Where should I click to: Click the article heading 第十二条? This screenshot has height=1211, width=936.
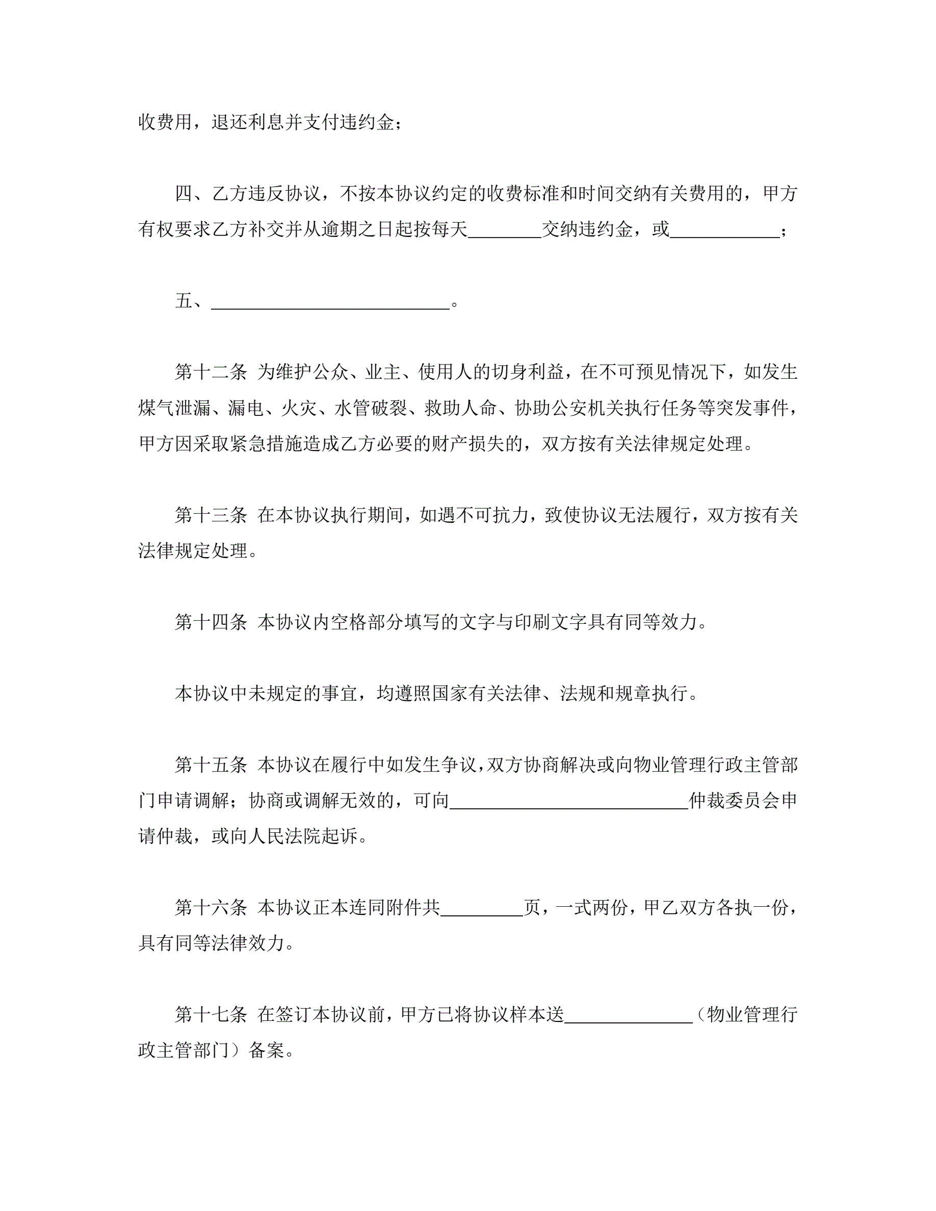pos(211,373)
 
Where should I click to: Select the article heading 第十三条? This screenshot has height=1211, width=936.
pos(211,516)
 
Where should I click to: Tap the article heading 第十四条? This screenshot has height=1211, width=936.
pos(211,622)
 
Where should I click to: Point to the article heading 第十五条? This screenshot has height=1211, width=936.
pos(211,765)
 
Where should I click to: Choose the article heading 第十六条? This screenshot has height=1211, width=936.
pos(211,908)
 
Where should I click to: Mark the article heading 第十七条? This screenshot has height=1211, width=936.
pos(211,1015)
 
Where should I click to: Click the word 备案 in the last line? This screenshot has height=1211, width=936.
pos(266,1050)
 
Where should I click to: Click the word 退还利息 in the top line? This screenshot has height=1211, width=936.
pos(247,122)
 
